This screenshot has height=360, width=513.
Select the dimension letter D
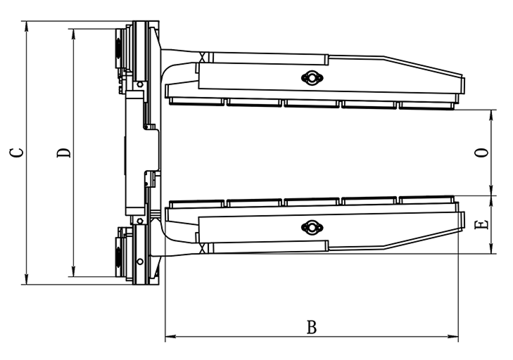click(x=63, y=153)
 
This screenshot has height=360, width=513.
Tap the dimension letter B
click(x=312, y=327)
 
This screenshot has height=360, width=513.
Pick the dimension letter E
click(x=481, y=224)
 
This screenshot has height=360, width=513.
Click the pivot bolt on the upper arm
click(x=312, y=78)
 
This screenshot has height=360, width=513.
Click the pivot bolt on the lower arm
click(x=312, y=228)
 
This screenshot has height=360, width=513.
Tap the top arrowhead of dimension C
click(x=27, y=27)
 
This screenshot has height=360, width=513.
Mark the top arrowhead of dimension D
click(x=73, y=34)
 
